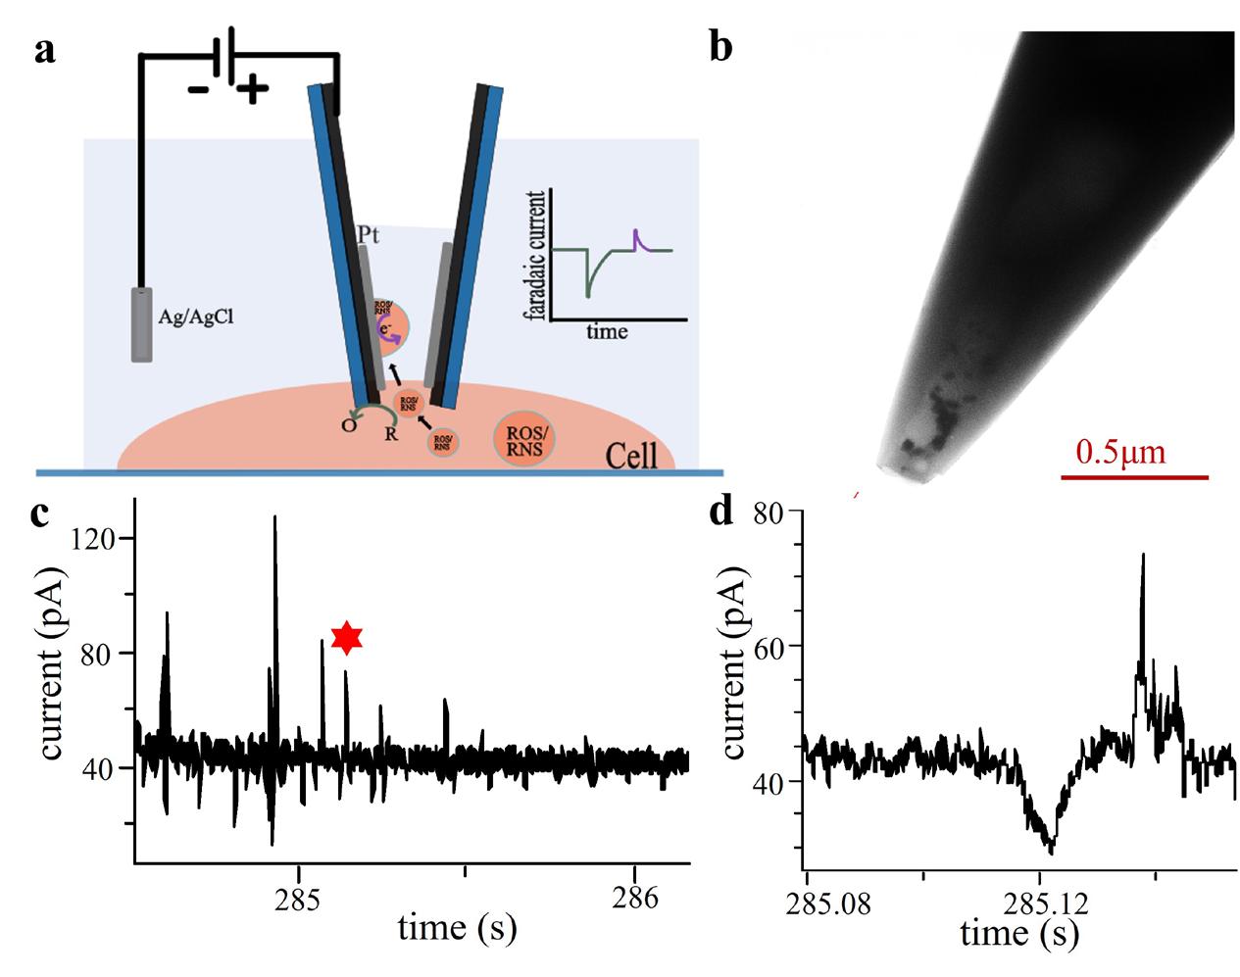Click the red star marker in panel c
[346, 638]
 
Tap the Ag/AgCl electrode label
[200, 316]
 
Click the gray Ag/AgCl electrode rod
[143, 324]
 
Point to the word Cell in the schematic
[632, 456]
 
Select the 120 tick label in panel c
[98, 538]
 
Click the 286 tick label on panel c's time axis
[635, 895]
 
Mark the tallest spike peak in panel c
[275, 517]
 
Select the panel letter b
[720, 46]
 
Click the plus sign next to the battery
[252, 91]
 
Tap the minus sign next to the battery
[198, 90]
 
